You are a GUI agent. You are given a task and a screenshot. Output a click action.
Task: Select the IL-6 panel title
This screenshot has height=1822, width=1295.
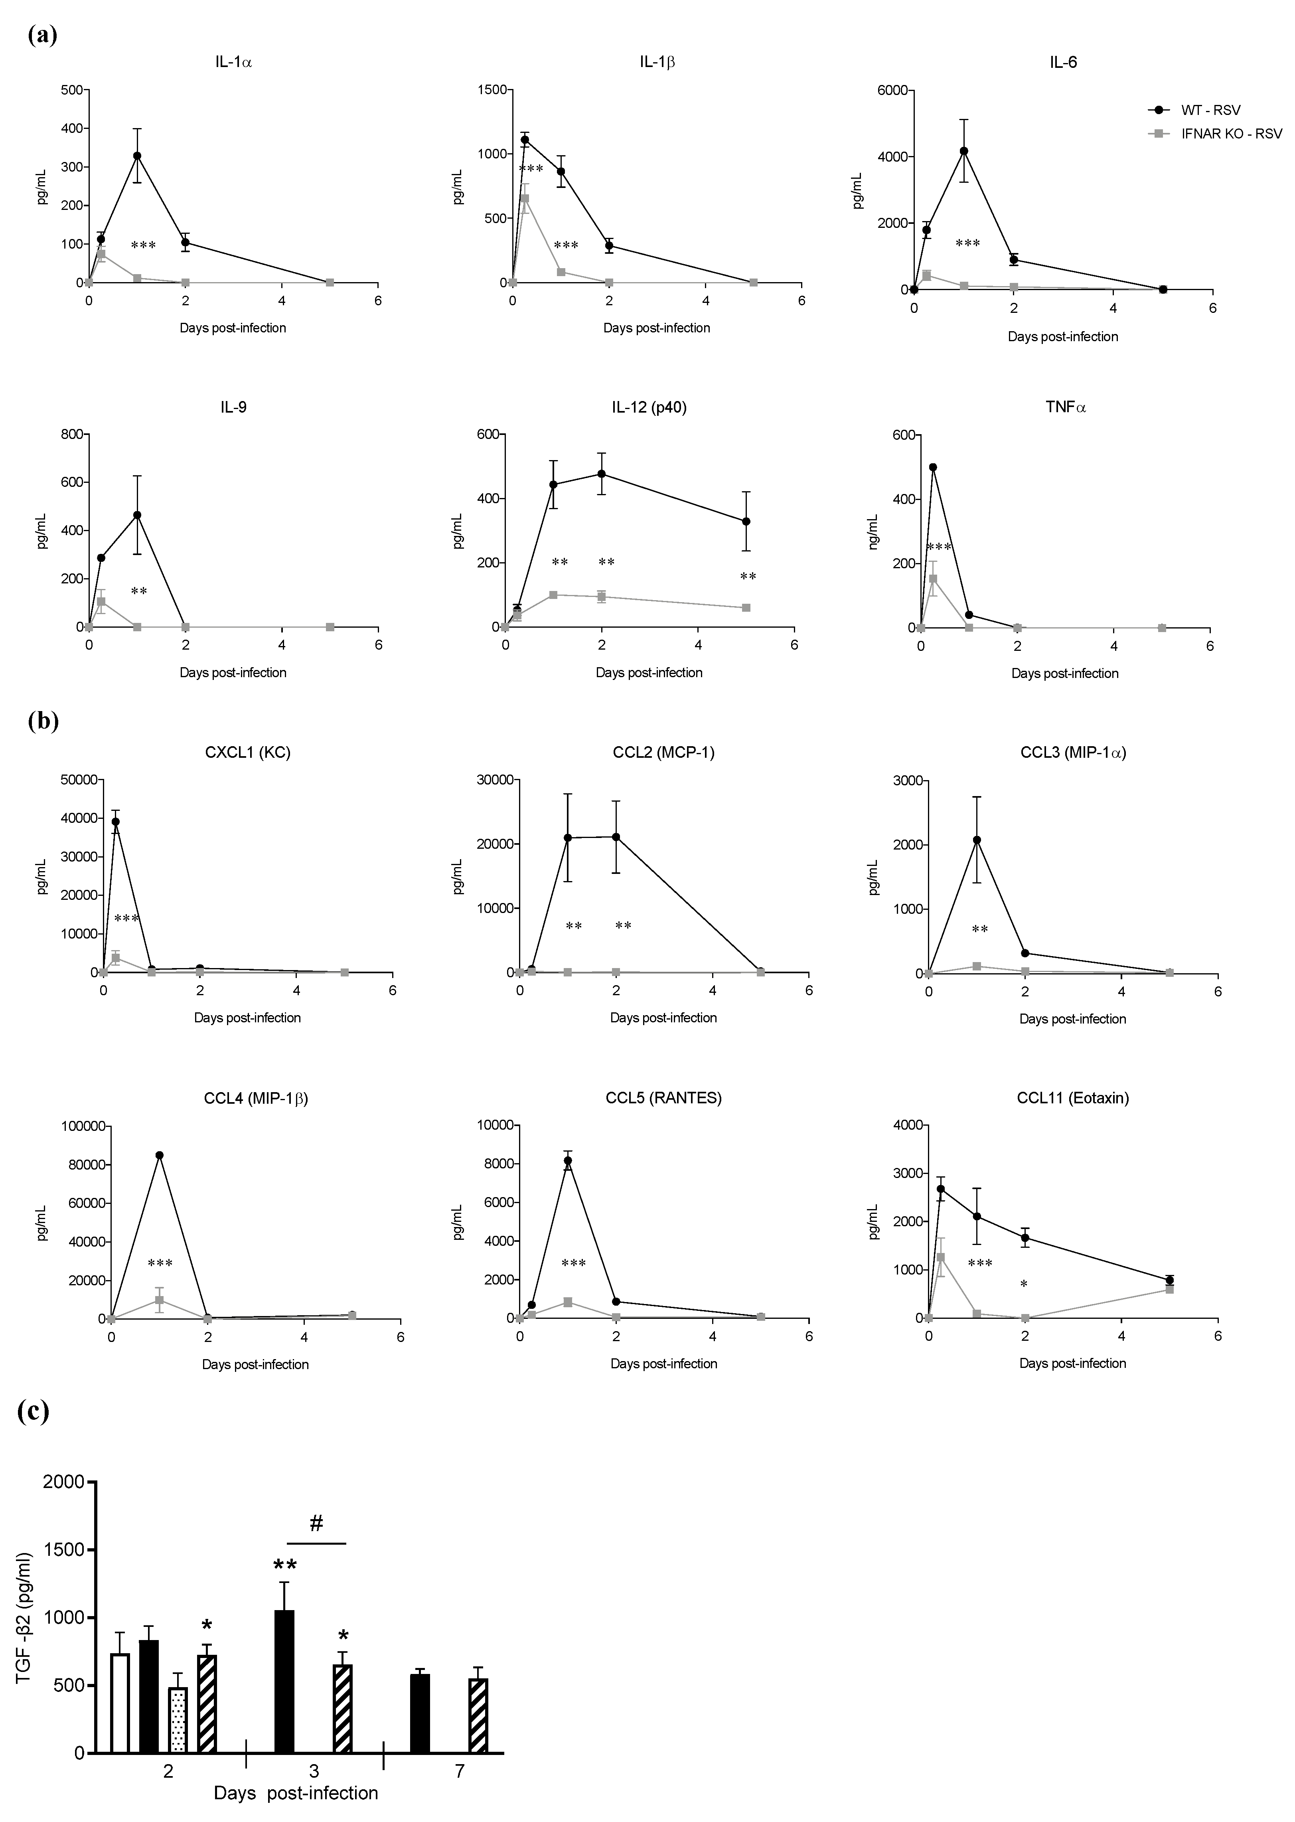[1063, 62]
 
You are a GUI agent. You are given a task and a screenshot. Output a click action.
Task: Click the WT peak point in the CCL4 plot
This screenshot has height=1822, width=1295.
[160, 1155]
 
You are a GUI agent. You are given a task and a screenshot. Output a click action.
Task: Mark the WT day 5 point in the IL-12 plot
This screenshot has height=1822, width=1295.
[746, 522]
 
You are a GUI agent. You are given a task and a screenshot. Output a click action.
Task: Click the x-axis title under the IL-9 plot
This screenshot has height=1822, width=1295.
[233, 672]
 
